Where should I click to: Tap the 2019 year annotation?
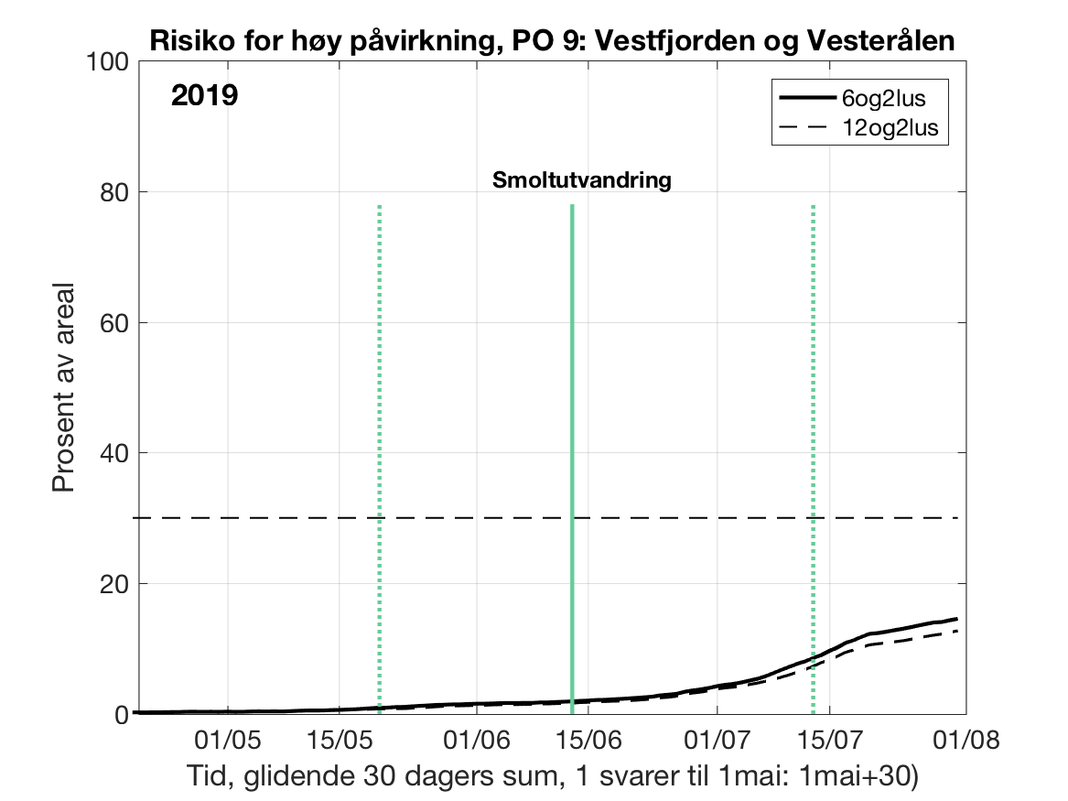point(204,95)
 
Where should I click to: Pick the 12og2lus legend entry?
point(890,129)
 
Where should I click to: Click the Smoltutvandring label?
point(582,180)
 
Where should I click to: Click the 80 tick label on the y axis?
point(113,192)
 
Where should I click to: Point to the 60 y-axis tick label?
point(113,323)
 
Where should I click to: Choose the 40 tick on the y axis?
point(113,453)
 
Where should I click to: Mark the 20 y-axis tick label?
point(113,584)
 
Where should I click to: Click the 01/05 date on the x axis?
point(228,738)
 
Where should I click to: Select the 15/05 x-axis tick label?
point(340,738)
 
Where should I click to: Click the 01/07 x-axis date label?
point(716,738)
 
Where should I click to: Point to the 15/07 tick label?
point(828,738)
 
